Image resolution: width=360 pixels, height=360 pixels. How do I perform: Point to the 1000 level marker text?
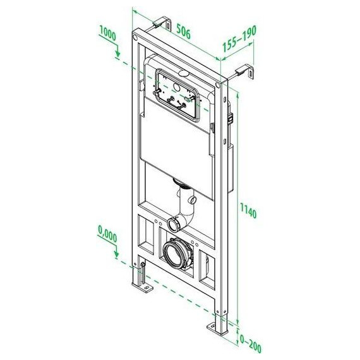pos(108,36)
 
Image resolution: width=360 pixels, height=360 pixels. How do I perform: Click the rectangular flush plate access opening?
pos(175,95)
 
